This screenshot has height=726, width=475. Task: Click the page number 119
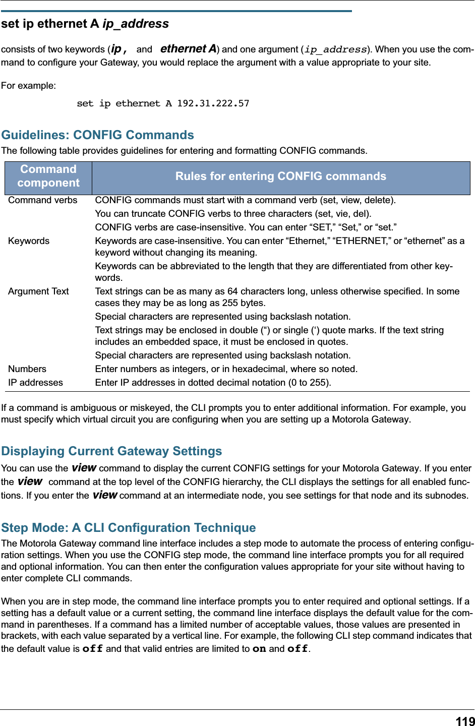[465, 721]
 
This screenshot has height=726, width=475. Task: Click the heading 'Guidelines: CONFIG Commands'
[97, 135]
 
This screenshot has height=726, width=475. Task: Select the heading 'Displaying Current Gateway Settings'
[111, 451]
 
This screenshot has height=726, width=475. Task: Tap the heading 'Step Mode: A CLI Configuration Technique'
[128, 528]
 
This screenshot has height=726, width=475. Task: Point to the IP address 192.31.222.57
[213, 103]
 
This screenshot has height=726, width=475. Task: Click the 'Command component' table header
[48, 176]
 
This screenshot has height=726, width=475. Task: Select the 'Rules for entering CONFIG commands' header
[280, 176]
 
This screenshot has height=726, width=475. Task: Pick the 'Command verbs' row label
[43, 200]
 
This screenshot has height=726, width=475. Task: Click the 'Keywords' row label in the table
[29, 241]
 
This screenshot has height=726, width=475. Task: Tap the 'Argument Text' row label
[38, 291]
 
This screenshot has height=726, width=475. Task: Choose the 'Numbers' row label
[27, 369]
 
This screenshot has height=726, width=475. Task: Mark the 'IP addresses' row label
[35, 383]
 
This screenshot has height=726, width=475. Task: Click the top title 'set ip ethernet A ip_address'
[85, 24]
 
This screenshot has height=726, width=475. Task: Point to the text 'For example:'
[28, 86]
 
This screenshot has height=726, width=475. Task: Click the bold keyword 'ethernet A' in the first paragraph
[188, 49]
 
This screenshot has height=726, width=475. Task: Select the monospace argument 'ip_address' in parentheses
[335, 49]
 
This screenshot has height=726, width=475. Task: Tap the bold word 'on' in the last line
[259, 649]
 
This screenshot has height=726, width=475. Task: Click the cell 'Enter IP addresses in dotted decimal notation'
[213, 383]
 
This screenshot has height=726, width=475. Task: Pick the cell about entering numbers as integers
[226, 369]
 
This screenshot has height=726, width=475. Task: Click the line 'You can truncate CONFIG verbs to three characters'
[233, 214]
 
